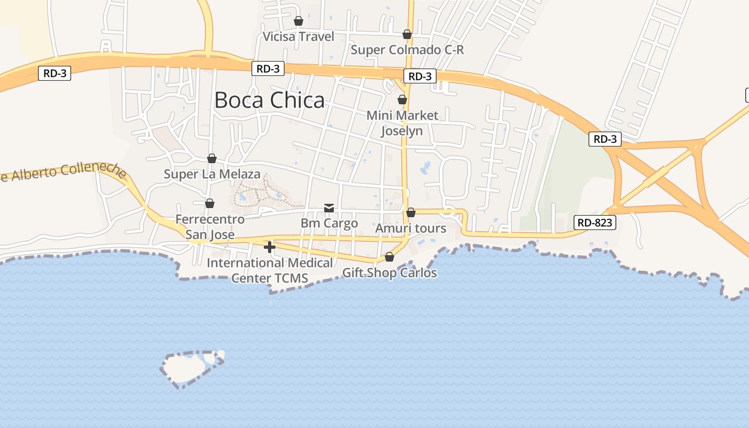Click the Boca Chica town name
[x=269, y=100]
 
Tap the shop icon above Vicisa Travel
[x=299, y=21]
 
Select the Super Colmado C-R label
[x=407, y=50]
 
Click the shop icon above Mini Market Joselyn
[x=402, y=100]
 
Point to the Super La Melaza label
[x=212, y=174]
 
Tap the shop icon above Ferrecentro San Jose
[x=210, y=203]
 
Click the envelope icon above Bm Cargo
[x=329, y=208]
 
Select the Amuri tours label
[x=410, y=228]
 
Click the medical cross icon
[x=270, y=247]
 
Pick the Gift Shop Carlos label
[x=389, y=273]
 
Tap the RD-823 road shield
[x=595, y=223]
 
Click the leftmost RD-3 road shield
[x=55, y=73]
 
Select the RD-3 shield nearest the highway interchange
[x=605, y=139]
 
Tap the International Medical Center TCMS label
[x=270, y=270]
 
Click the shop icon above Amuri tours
[x=411, y=212]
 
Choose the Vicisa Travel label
[x=299, y=36]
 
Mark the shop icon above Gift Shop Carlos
[x=389, y=257]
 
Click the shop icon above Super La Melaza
[x=212, y=158]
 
